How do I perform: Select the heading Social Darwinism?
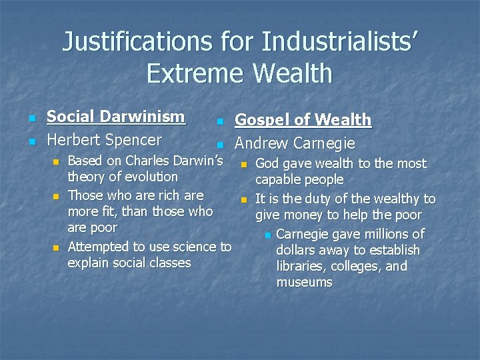point(115,117)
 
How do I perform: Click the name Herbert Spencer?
point(104,140)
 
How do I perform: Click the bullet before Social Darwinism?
point(31,119)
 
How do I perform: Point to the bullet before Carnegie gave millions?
point(267,235)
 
